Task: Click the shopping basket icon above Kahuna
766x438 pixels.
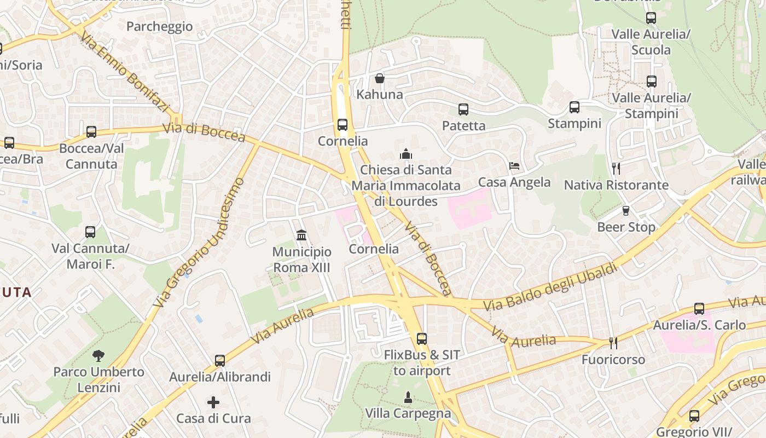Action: point(379,79)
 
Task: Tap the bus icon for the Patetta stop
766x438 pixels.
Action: point(463,109)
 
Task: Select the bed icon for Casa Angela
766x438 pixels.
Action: point(514,166)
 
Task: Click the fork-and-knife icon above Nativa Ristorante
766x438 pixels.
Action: point(616,168)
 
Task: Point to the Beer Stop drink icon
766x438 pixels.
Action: point(626,211)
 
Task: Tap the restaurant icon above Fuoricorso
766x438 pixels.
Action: point(613,343)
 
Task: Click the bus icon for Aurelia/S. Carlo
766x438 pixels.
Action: point(699,309)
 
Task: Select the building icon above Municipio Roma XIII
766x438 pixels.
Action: point(301,235)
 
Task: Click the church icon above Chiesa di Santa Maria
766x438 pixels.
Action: point(406,154)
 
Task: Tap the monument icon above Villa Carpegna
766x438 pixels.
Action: point(408,396)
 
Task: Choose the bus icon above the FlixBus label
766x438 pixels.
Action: point(421,339)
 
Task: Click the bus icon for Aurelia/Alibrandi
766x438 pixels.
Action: point(220,361)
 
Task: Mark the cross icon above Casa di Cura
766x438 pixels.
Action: point(213,402)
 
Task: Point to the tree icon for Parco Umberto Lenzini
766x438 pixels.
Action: point(98,356)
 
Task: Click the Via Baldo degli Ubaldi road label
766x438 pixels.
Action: point(551,287)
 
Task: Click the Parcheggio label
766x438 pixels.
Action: point(159,26)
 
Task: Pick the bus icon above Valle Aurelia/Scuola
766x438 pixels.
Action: point(651,18)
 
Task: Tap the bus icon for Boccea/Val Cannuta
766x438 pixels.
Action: point(91,132)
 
